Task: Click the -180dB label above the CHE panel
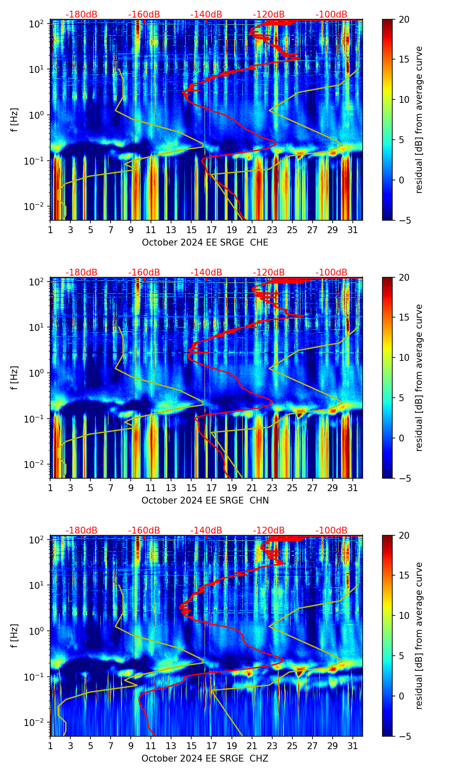(x=81, y=15)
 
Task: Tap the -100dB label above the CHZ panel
(x=331, y=531)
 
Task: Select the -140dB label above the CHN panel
(x=206, y=273)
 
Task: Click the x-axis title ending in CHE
(x=205, y=243)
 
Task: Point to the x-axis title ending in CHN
(x=205, y=501)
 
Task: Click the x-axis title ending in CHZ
(x=205, y=759)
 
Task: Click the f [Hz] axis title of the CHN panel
(x=15, y=378)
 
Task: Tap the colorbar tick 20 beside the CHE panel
(x=404, y=19)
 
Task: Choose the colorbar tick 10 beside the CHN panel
(x=404, y=357)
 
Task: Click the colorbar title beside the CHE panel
(x=419, y=120)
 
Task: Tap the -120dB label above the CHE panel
(x=269, y=15)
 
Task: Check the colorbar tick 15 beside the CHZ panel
(x=404, y=576)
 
